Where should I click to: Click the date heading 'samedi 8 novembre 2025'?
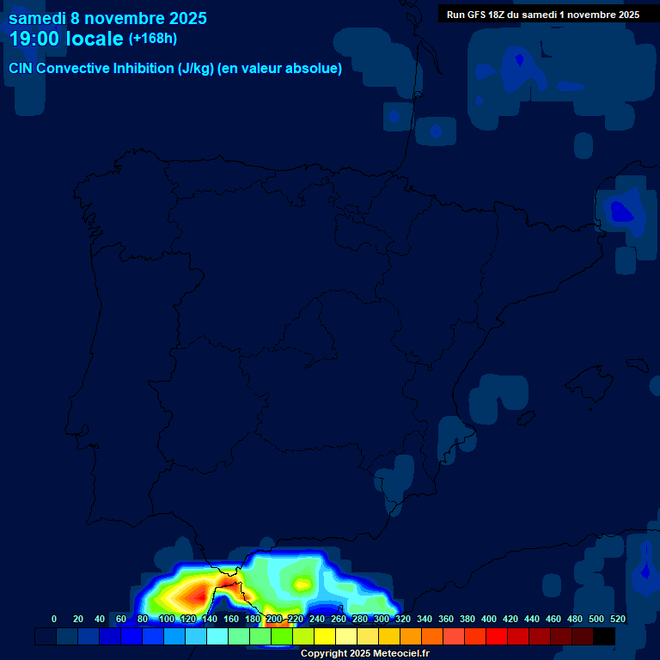pos(107,18)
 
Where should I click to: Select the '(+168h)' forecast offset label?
pos(152,39)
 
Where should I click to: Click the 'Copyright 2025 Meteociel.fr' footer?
pos(364,653)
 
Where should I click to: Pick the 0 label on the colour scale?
pos(54,619)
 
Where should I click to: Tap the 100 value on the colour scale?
pos(166,619)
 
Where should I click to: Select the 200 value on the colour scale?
pos(273,619)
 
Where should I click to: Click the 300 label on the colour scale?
pos(382,619)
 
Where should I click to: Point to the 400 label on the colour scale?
pos(489,619)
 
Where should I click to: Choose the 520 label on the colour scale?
pos(618,619)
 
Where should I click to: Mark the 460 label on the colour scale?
pos(553,619)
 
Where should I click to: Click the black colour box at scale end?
pos(604,637)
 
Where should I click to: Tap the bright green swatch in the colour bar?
pos(282,637)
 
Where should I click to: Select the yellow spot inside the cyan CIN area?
pos(302,584)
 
